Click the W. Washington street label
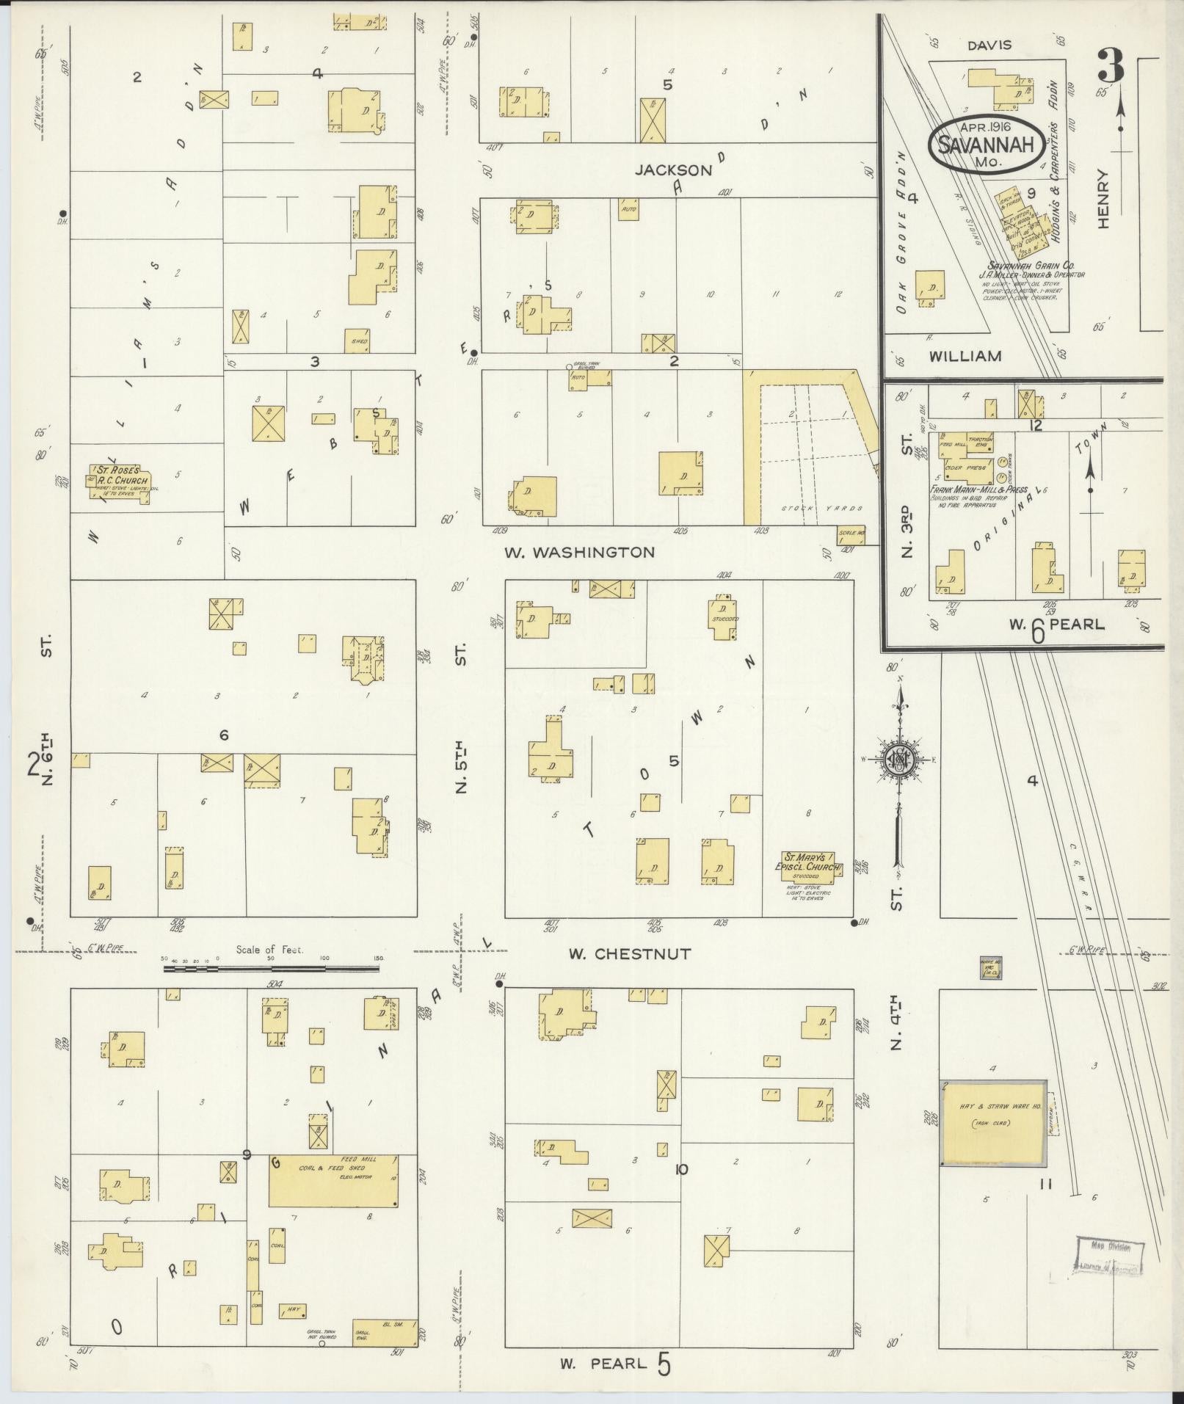click(x=579, y=552)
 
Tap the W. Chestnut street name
click(x=629, y=954)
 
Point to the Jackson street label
click(x=673, y=170)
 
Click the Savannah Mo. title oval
click(x=987, y=142)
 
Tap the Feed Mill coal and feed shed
click(x=335, y=1179)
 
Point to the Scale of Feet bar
click(x=271, y=969)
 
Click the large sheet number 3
click(x=1111, y=67)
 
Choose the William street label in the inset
click(x=965, y=357)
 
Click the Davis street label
click(x=988, y=46)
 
